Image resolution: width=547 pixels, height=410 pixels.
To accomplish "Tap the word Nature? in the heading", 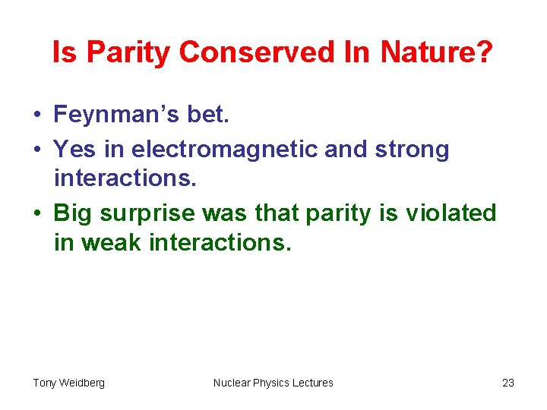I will coord(437,52).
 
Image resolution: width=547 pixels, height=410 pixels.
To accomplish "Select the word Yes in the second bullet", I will coord(75,150).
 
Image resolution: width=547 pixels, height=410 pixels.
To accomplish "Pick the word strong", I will coord(412,150).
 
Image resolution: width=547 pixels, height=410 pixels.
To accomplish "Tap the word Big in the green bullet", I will coord(73,213).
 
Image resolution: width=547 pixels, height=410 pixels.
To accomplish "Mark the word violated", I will coord(451,213).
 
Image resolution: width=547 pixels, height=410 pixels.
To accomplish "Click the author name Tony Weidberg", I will coord(69,383).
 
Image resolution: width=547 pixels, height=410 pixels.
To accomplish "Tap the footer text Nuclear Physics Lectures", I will coord(273,383).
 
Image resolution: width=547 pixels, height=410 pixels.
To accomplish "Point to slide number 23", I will coord(508,383).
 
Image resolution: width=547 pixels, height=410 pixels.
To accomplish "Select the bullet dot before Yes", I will coord(37,150).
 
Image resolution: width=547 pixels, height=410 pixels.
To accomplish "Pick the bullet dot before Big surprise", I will coord(37,214).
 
